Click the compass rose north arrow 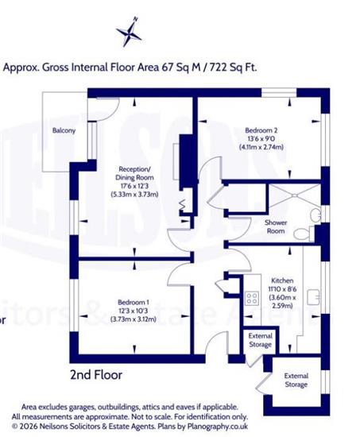coord(130,32)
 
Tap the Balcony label coord(64,130)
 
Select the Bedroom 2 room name coord(261,130)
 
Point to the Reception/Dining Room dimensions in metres coord(134,194)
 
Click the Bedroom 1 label coord(134,302)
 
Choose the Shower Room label coord(276,226)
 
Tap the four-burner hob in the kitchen coord(252,298)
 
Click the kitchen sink coord(313,297)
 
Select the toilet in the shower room coord(304,234)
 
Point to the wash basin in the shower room coord(315,215)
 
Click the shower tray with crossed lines coord(294,195)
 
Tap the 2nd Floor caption coord(96,375)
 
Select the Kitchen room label coord(282,280)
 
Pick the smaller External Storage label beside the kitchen coord(260,340)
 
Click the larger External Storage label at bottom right coord(296,380)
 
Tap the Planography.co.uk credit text coord(218,427)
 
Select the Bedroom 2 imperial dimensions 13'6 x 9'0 coord(261,138)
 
